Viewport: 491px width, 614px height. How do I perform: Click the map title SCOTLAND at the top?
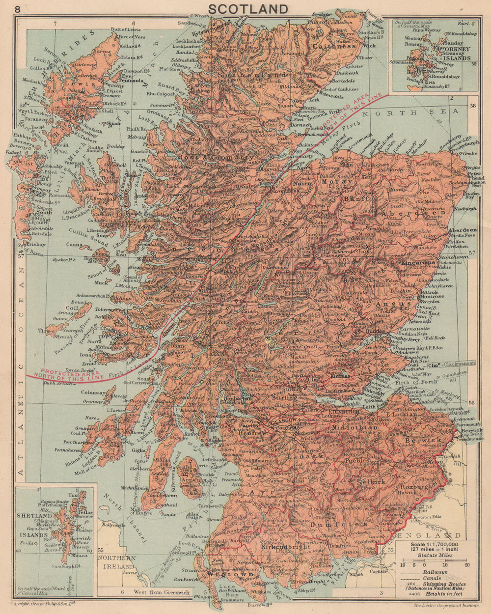click(x=248, y=9)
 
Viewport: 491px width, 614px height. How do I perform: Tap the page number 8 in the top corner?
click(x=18, y=9)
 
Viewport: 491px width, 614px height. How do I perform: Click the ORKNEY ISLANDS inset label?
click(x=456, y=54)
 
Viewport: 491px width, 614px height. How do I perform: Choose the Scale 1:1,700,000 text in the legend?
click(x=429, y=544)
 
